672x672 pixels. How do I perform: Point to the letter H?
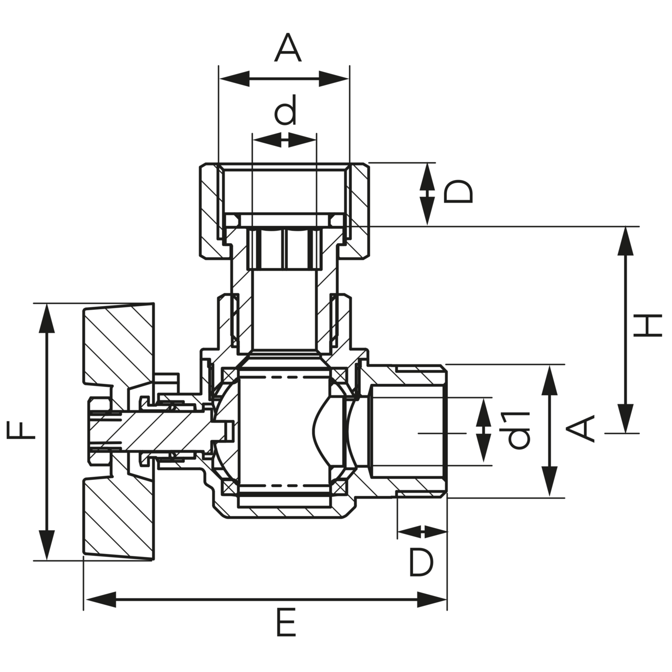point(645,326)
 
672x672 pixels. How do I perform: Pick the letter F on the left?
point(22,432)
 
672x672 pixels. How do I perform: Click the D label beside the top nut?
point(458,192)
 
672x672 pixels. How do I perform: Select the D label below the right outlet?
point(421,562)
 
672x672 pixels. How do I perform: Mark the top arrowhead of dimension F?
point(47,318)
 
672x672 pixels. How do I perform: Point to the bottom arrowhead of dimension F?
point(47,546)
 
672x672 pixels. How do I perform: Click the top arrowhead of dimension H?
point(625,241)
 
